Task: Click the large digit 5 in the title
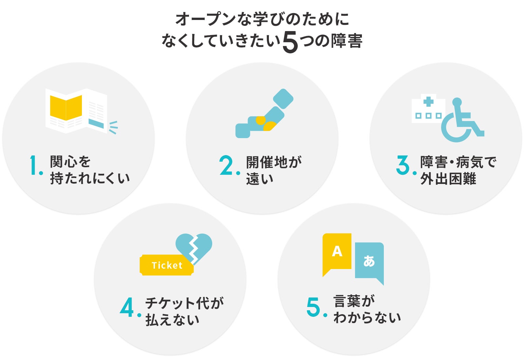tap(290, 42)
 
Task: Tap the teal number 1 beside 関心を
tap(33, 165)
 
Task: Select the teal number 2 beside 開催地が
tap(226, 165)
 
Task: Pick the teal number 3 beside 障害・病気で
tap(403, 165)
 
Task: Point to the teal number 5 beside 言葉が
tap(313, 307)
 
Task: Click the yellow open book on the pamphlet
tap(66, 108)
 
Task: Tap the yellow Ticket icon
tap(167, 265)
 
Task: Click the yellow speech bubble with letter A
tap(337, 252)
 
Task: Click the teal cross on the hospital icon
tap(428, 102)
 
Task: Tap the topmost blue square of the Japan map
tap(283, 99)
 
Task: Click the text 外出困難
tap(448, 179)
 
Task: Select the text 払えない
tap(172, 320)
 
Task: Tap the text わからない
tap(367, 318)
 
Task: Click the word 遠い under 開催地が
tap(260, 179)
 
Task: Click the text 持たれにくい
tap(90, 178)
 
